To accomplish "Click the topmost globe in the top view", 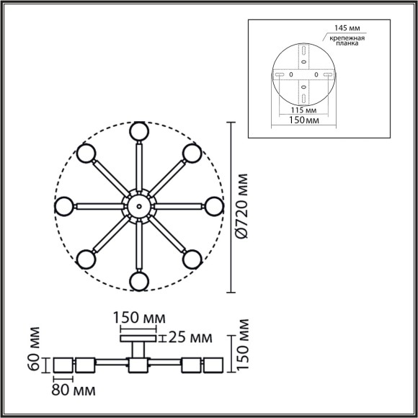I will tap(138, 132).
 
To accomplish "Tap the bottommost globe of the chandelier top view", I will tap(138, 280).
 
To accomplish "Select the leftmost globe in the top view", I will tap(65, 206).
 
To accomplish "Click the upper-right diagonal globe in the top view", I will tap(191, 153).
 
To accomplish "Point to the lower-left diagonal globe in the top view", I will tap(86, 259).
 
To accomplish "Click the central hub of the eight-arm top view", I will tap(138, 206).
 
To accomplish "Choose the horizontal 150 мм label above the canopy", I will tap(138, 318).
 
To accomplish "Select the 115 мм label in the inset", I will tap(297, 110).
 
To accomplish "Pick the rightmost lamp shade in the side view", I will tap(214, 366).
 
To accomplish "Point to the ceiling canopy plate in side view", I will tap(138, 336).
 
